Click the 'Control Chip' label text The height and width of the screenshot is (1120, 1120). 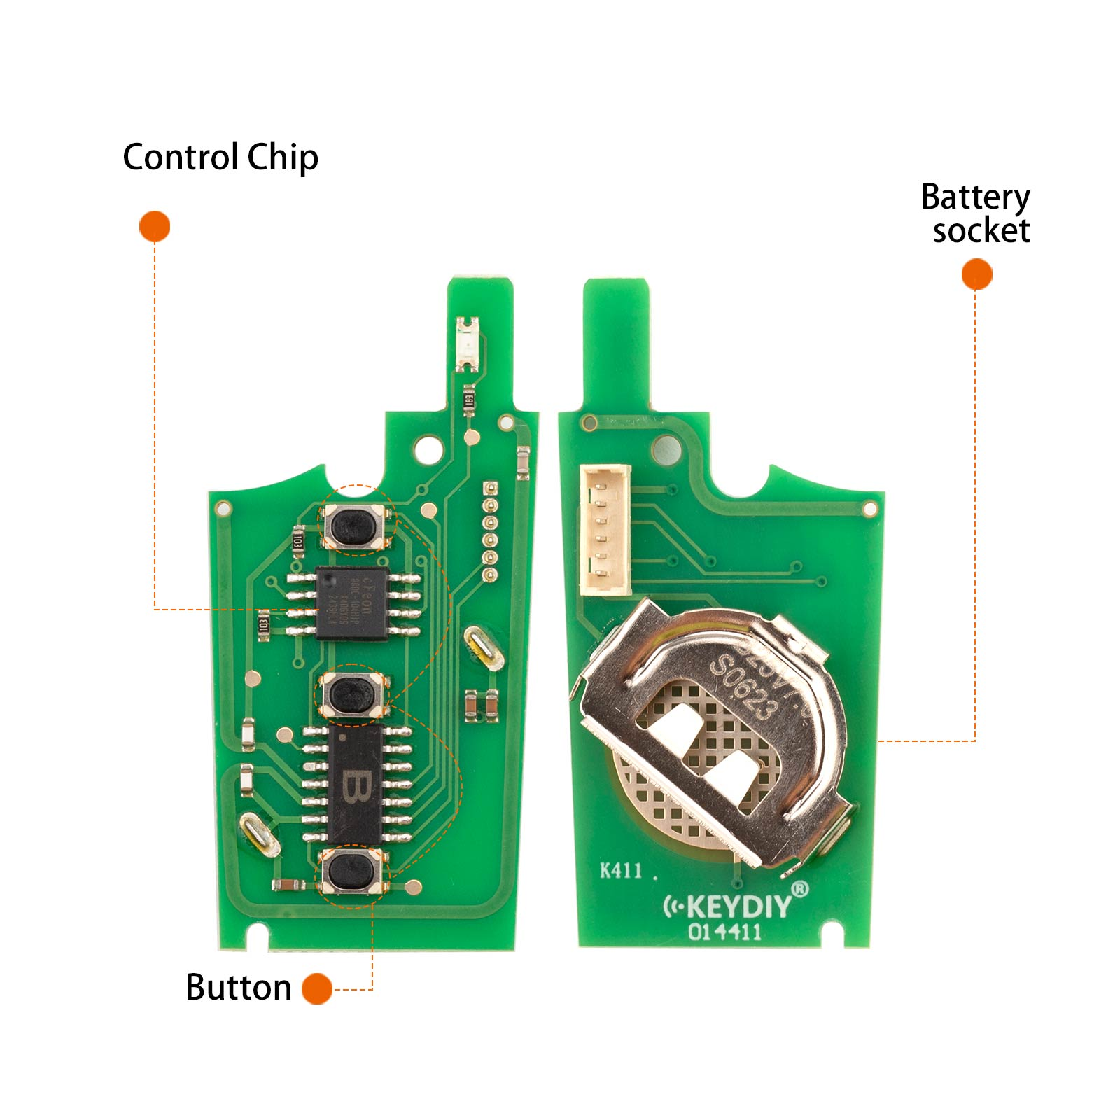220,157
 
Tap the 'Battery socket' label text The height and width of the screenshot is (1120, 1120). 976,213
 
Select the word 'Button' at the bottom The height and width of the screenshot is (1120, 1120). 239,988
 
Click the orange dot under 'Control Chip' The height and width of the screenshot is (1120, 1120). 155,227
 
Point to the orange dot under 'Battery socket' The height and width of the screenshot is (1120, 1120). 976,274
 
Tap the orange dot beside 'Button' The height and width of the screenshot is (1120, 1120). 317,988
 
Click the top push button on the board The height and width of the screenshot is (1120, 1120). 356,527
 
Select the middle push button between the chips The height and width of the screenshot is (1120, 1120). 352,694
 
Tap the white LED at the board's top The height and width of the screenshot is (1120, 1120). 467,344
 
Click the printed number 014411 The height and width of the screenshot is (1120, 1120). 724,932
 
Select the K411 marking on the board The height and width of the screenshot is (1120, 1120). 621,870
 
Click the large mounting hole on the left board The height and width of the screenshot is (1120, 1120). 429,449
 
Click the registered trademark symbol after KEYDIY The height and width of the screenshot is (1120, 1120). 800,889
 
